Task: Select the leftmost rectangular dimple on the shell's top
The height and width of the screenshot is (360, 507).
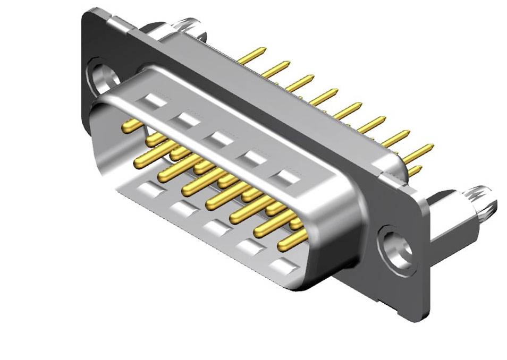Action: (153, 100)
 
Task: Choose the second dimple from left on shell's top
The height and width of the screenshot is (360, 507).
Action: (186, 119)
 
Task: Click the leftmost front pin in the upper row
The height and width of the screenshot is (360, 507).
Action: (130, 126)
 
